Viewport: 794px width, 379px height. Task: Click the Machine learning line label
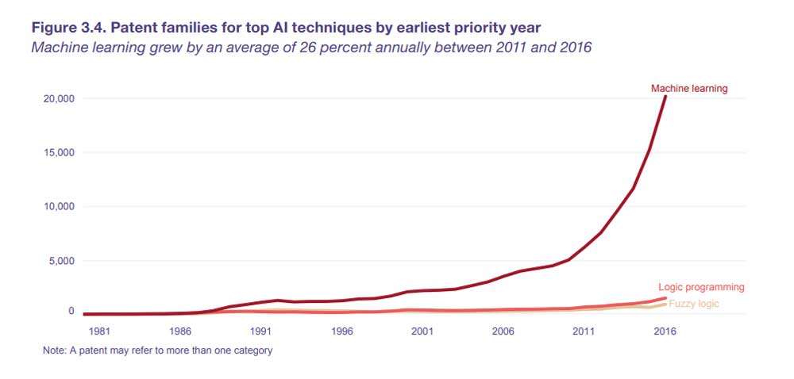pos(688,89)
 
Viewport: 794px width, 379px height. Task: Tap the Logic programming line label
pos(701,287)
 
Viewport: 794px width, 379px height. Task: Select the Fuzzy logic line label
pos(696,304)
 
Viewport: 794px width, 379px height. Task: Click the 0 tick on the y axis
pos(71,312)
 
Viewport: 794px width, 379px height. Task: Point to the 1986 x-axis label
pos(179,332)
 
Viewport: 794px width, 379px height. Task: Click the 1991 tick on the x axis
pos(260,332)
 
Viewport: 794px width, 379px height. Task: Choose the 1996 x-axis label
pos(341,332)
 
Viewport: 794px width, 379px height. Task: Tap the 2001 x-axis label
pos(422,332)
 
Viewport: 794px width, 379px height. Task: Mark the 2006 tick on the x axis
pos(503,332)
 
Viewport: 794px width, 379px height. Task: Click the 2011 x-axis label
pos(584,332)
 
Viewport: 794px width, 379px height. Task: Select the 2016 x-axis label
pos(665,332)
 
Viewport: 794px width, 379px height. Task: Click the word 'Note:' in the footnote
pos(56,350)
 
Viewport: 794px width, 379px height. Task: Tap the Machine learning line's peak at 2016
pos(665,97)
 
